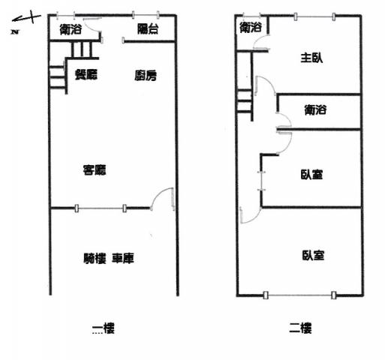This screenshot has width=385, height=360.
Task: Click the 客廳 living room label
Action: coord(95,170)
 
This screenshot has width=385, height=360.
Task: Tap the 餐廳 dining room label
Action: coord(86,74)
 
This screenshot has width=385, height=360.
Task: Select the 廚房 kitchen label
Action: coord(146,76)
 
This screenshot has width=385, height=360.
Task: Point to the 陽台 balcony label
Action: coord(148,29)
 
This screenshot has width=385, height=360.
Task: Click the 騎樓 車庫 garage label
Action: coord(109,258)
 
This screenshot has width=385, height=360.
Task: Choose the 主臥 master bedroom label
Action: coord(311,58)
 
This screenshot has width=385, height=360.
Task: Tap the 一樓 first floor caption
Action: coord(103,328)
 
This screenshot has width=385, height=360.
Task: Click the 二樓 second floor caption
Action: coord(300,328)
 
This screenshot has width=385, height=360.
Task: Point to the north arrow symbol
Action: coord(26,18)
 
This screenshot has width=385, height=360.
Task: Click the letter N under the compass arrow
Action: coord(15,31)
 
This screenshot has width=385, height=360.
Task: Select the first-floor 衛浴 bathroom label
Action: coord(71,29)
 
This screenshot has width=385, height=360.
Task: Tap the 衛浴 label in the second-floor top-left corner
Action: coord(251,27)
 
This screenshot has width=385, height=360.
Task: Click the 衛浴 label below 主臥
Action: coord(315,109)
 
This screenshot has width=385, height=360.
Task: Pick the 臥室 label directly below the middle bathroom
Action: coord(311,175)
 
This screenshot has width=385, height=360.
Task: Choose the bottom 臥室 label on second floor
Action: coord(313,255)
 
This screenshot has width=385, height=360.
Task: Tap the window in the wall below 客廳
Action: coord(101,208)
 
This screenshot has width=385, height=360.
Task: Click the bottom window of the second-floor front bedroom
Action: coord(299,295)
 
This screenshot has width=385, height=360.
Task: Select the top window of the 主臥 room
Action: coord(314,16)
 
